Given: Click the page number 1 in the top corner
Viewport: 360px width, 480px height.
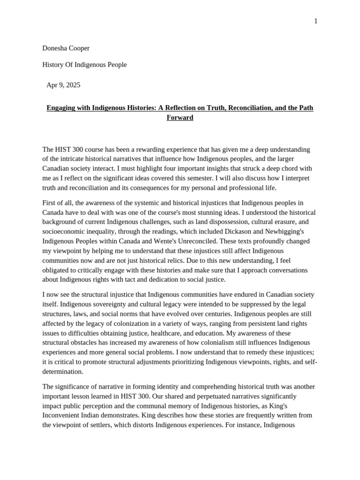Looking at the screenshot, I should coord(316,21).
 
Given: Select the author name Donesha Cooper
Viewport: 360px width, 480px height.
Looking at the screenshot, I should coord(66,48).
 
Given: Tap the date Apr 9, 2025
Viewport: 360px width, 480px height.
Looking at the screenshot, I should coord(63,85).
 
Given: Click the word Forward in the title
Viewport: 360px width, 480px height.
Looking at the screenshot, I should coord(180,118).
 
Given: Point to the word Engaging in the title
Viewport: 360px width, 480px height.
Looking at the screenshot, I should coord(62,108).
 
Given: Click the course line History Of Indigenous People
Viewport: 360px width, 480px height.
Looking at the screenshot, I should coord(84,65).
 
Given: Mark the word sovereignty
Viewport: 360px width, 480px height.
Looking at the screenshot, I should coord(96,304).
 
